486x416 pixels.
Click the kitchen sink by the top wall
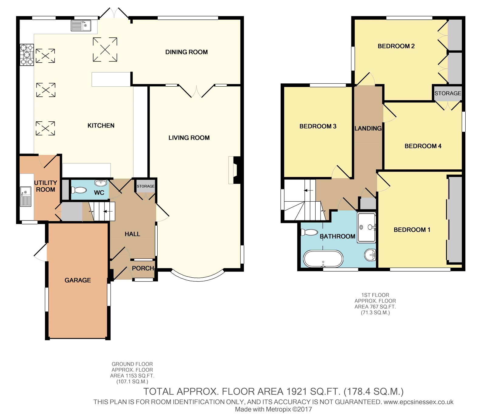81,26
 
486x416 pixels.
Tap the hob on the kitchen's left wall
27,55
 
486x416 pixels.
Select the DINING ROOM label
187,52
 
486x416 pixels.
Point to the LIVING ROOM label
189,138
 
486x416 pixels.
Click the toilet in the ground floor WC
79,190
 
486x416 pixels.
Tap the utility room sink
26,197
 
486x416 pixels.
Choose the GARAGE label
78,280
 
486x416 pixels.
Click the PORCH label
143,268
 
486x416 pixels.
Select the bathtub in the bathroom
323,259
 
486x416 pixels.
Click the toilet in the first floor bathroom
309,232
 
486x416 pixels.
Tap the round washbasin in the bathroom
370,255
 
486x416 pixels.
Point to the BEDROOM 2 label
396,46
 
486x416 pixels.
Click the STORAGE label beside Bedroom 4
448,93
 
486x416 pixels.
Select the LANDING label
368,128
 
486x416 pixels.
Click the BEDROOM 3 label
318,126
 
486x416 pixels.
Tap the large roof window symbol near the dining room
105,50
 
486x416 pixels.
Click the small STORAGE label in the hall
145,186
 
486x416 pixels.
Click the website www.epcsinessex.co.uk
419,402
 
